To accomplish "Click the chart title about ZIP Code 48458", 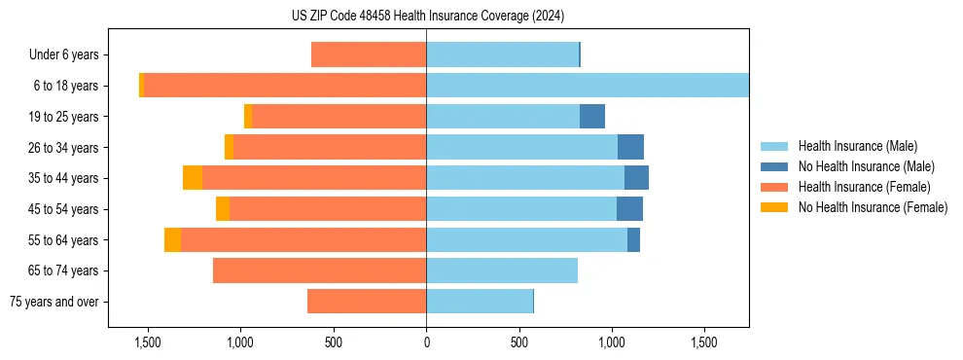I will coord(427,17).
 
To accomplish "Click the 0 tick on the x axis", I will coord(426,342).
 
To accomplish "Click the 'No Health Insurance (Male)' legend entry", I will coord(859,167).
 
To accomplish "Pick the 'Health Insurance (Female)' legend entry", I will coord(856,187).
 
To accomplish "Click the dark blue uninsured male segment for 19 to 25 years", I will coord(592,117).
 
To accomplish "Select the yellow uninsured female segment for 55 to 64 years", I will coord(172,240).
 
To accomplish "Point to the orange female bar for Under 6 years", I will coord(369,55).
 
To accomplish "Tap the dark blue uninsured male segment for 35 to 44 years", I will coord(636,178).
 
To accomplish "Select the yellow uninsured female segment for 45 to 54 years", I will coord(223,209).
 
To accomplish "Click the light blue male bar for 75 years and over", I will coord(480,302).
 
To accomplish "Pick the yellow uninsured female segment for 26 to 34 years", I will coord(229,147).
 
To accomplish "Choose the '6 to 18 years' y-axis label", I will coord(65,87).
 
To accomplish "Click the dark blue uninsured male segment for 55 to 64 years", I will coord(633,240).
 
